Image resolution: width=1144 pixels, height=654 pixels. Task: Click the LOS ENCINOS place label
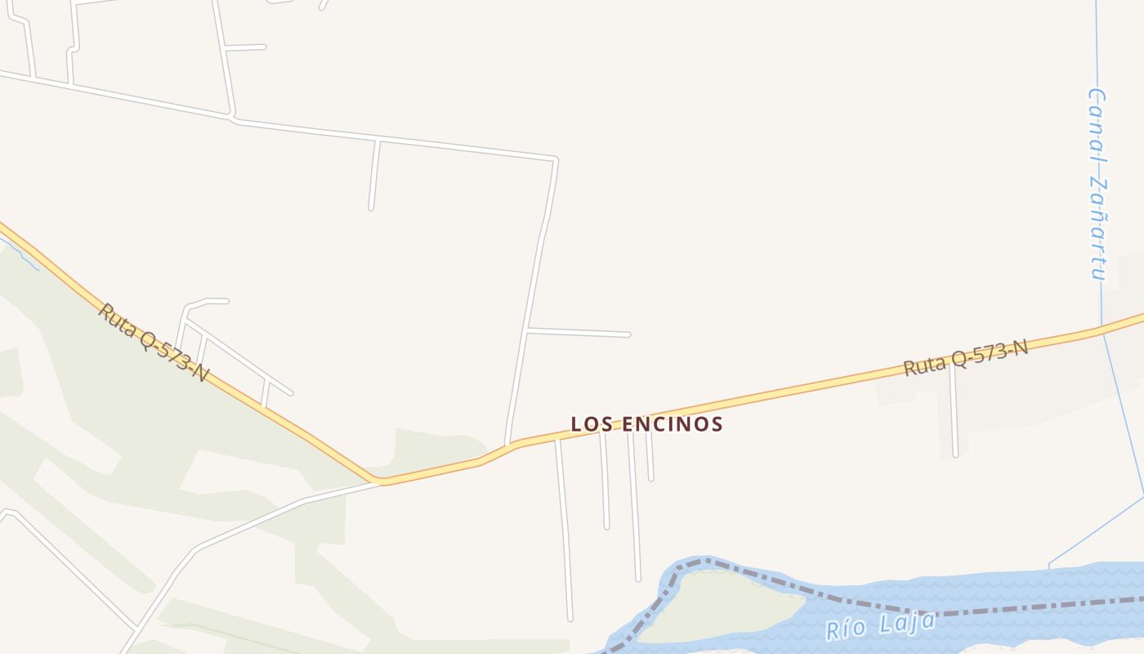646,424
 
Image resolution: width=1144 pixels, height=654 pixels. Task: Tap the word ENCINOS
673,424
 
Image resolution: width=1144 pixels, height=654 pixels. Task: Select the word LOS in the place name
588,424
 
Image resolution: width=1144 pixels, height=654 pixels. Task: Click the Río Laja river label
880,626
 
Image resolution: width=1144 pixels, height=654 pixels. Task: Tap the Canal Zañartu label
1097,184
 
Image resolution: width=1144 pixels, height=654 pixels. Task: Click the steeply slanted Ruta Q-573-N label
153,343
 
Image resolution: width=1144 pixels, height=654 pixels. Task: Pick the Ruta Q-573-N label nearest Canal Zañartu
965,358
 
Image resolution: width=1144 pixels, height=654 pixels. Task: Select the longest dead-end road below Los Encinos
564,531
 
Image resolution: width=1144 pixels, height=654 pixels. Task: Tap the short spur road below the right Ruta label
954,413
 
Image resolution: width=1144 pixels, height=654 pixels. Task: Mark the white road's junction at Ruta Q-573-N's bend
381,482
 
